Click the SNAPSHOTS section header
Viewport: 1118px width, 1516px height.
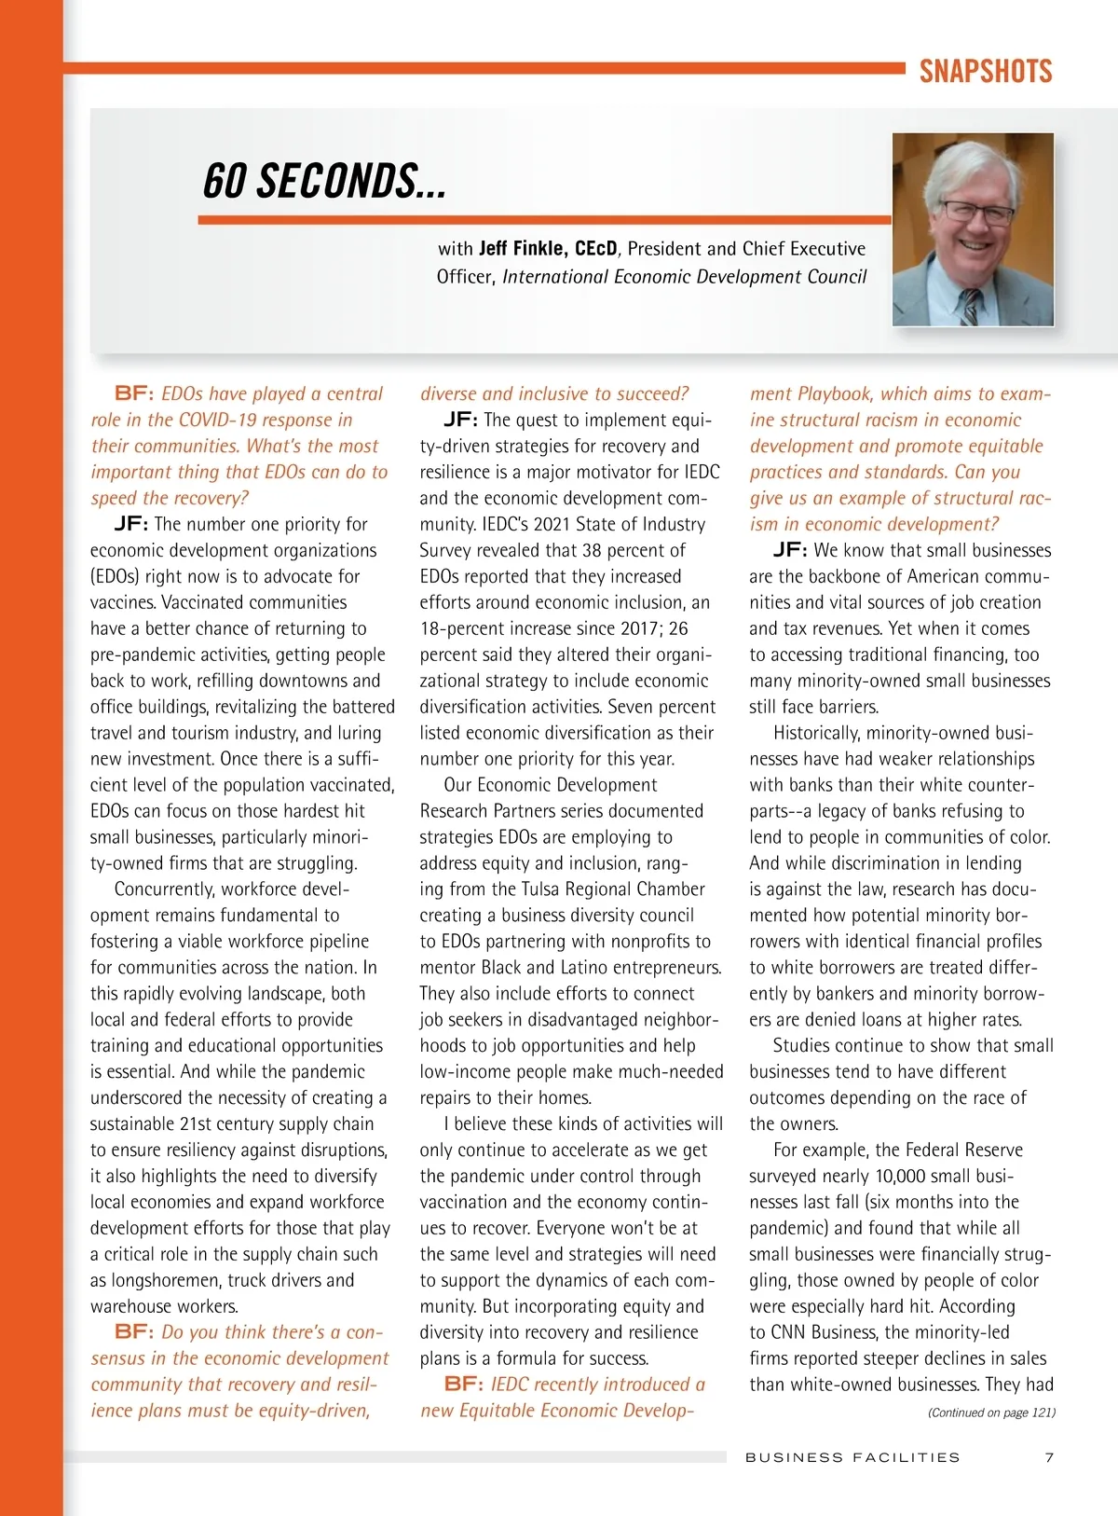(985, 72)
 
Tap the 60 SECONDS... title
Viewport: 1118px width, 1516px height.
(324, 181)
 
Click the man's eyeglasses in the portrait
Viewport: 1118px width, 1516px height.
(976, 211)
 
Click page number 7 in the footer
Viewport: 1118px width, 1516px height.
(1049, 1457)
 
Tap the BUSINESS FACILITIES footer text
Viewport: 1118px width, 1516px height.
(852, 1457)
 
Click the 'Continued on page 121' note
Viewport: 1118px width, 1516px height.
(991, 1413)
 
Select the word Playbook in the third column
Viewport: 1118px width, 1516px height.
(835, 394)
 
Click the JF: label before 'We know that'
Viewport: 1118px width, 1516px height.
(790, 550)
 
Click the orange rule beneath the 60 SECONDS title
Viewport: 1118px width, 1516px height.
(544, 221)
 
